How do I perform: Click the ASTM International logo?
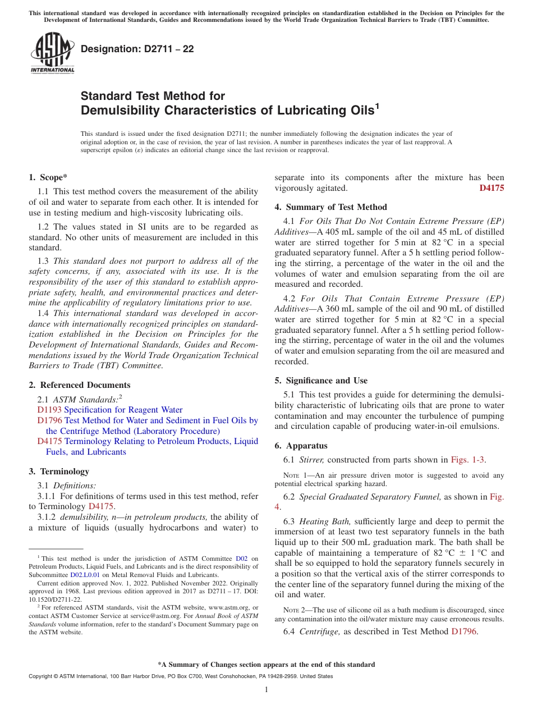pos(52,53)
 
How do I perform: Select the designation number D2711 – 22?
pos(137,49)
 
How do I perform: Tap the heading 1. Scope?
pos(48,177)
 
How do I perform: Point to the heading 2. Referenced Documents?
pos(79,385)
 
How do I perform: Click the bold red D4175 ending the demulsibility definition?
pos(491,188)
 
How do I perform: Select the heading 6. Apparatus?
pos(301,446)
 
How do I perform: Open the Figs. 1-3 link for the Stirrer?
pos(468,460)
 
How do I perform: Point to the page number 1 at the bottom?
pos(266,690)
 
